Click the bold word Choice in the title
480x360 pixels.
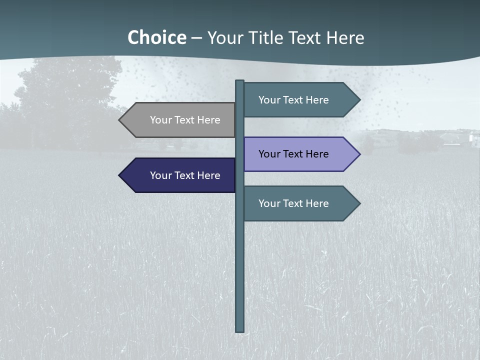point(156,37)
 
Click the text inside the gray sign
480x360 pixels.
point(185,120)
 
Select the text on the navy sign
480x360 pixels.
point(185,175)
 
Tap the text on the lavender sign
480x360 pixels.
point(293,154)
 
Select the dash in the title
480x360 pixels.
point(196,38)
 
